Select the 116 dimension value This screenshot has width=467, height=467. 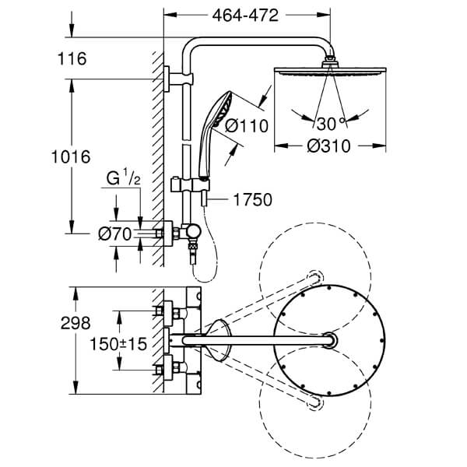[71, 58]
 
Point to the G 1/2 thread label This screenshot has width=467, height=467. [122, 181]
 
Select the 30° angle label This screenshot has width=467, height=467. [326, 123]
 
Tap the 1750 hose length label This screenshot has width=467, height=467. [251, 200]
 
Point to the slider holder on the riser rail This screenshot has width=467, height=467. [187, 186]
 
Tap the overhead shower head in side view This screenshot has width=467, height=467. [332, 69]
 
